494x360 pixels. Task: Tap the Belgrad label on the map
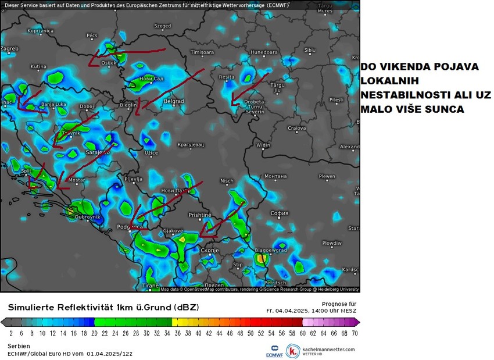174,101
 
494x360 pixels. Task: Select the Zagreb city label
9,49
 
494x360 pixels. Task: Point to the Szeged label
162,26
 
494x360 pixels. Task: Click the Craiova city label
296,128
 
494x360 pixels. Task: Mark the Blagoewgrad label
271,250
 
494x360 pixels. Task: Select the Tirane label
150,286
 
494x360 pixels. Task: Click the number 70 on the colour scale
354,334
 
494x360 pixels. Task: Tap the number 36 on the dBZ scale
177,334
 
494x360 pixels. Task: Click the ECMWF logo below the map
275,350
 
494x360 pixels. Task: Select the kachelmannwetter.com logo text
328,349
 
